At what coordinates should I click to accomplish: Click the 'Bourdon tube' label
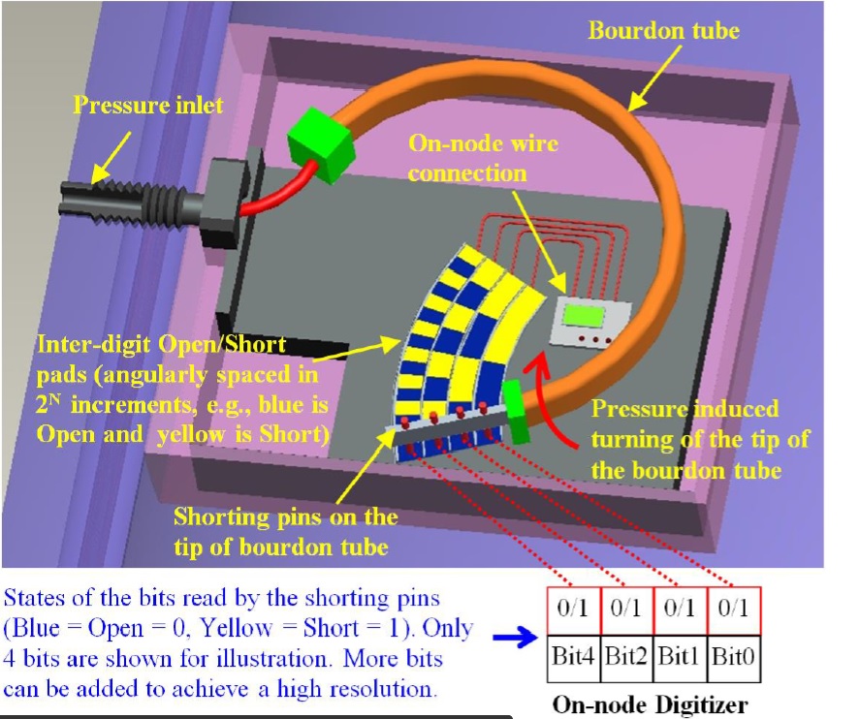(x=663, y=31)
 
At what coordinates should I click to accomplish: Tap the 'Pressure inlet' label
(x=148, y=104)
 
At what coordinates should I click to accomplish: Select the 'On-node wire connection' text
(x=483, y=158)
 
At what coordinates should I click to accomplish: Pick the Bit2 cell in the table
(x=628, y=656)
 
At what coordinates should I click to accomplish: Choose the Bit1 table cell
(x=681, y=656)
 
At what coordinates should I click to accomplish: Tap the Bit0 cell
(x=734, y=656)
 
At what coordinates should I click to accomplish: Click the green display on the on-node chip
(x=582, y=316)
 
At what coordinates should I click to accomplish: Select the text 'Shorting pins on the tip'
(x=286, y=517)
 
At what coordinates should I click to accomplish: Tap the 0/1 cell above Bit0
(x=734, y=610)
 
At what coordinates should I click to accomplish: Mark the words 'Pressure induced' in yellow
(x=685, y=409)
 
